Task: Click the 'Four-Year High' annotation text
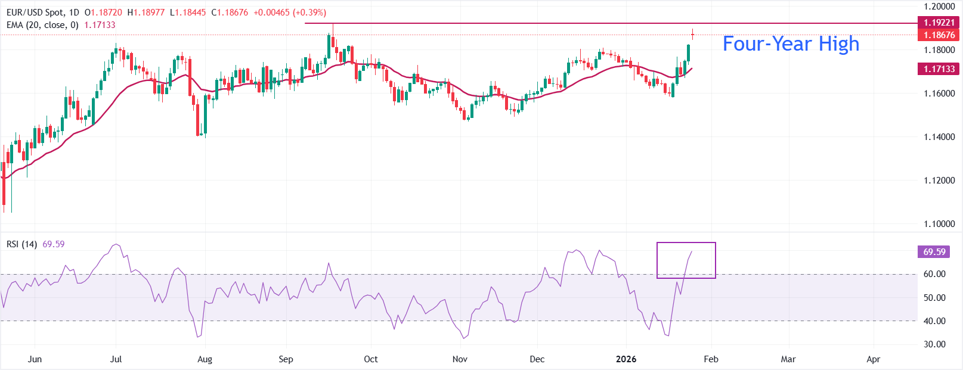coord(791,44)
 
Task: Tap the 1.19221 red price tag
coord(939,23)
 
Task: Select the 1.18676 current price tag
coord(939,35)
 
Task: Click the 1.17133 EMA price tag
coord(939,69)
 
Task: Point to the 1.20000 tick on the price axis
coord(939,7)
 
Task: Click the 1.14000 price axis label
coord(939,137)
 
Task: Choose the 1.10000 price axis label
coord(939,224)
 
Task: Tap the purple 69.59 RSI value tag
coord(934,252)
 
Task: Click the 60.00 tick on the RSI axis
coord(934,274)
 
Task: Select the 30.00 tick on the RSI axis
coord(934,344)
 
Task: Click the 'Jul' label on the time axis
coord(116,359)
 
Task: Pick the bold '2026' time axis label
coord(626,359)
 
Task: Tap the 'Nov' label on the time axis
coord(460,359)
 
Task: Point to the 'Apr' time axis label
coord(873,359)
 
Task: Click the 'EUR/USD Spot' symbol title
coord(34,13)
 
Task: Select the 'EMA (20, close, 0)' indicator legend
coord(43,25)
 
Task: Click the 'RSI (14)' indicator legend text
coord(22,244)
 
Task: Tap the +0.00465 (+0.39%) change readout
coord(290,13)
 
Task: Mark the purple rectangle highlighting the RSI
coord(686,260)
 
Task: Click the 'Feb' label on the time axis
coord(711,359)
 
